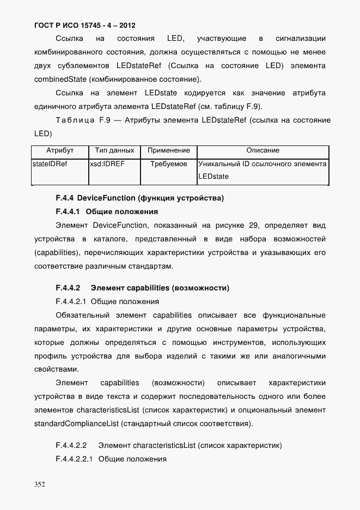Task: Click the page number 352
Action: [x=40, y=483]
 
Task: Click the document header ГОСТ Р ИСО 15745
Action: [x=84, y=26]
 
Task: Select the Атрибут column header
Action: [x=60, y=150]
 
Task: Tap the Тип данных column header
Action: [x=114, y=150]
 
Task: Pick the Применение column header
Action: [x=168, y=150]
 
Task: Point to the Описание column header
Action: [x=263, y=150]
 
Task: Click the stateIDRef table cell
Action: [x=50, y=163]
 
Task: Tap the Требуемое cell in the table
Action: [x=168, y=163]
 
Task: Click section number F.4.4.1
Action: [x=68, y=211]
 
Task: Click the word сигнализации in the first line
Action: [x=301, y=39]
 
